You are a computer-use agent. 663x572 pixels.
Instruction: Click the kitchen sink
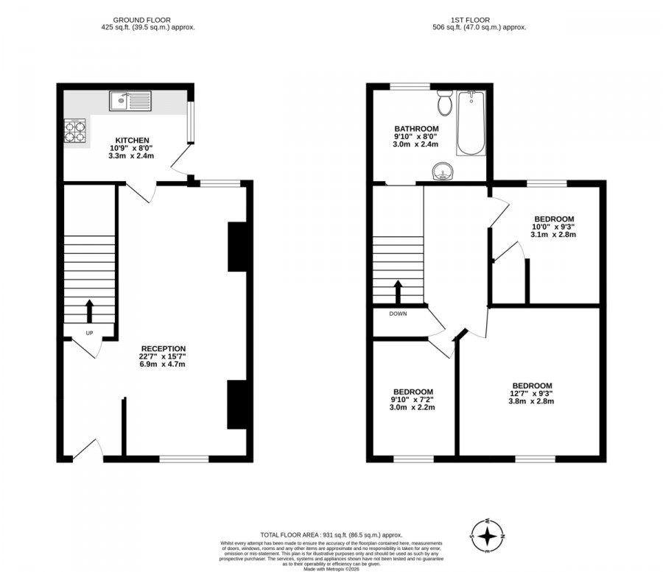coord(130,101)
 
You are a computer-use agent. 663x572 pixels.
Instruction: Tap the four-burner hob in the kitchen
coord(74,131)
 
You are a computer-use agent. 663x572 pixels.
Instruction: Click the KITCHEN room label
coord(132,140)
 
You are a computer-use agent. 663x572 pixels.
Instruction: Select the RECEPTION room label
coord(164,348)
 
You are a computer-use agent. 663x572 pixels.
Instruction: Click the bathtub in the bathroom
coord(470,123)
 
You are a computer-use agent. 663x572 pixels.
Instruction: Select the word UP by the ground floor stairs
coord(89,333)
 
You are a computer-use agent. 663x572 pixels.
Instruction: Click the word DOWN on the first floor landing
coord(398,313)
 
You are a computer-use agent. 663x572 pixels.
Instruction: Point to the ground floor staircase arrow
coord(89,311)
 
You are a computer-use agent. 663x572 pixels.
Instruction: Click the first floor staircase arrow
coord(398,292)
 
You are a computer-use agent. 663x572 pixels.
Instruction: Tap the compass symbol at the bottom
coord(487,535)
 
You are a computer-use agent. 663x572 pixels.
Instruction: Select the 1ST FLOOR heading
coord(471,20)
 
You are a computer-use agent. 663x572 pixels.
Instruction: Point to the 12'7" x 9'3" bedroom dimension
coord(532,394)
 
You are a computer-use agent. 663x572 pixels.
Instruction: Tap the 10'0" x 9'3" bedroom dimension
coord(553,227)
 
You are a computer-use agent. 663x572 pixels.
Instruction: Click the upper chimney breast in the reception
coord(236,247)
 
